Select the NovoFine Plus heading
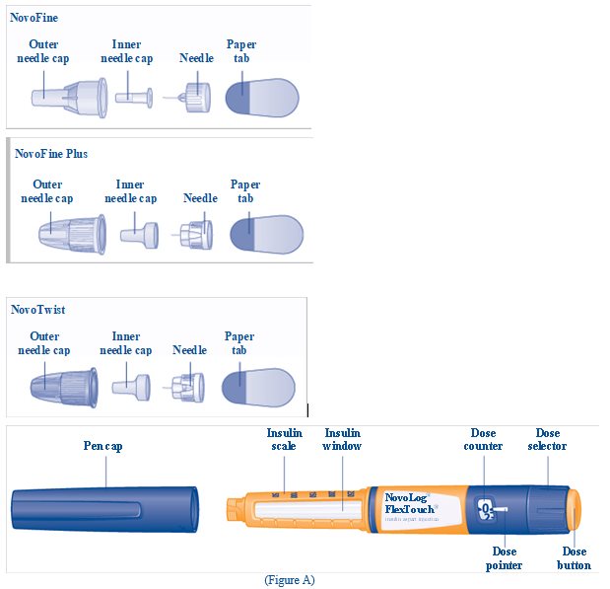[51, 154]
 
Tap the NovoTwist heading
[38, 310]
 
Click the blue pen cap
[103, 511]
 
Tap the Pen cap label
[102, 446]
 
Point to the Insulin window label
[343, 439]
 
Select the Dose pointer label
[504, 558]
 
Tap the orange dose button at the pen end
[578, 510]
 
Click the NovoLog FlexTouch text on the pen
[410, 504]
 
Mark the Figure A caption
[290, 580]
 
